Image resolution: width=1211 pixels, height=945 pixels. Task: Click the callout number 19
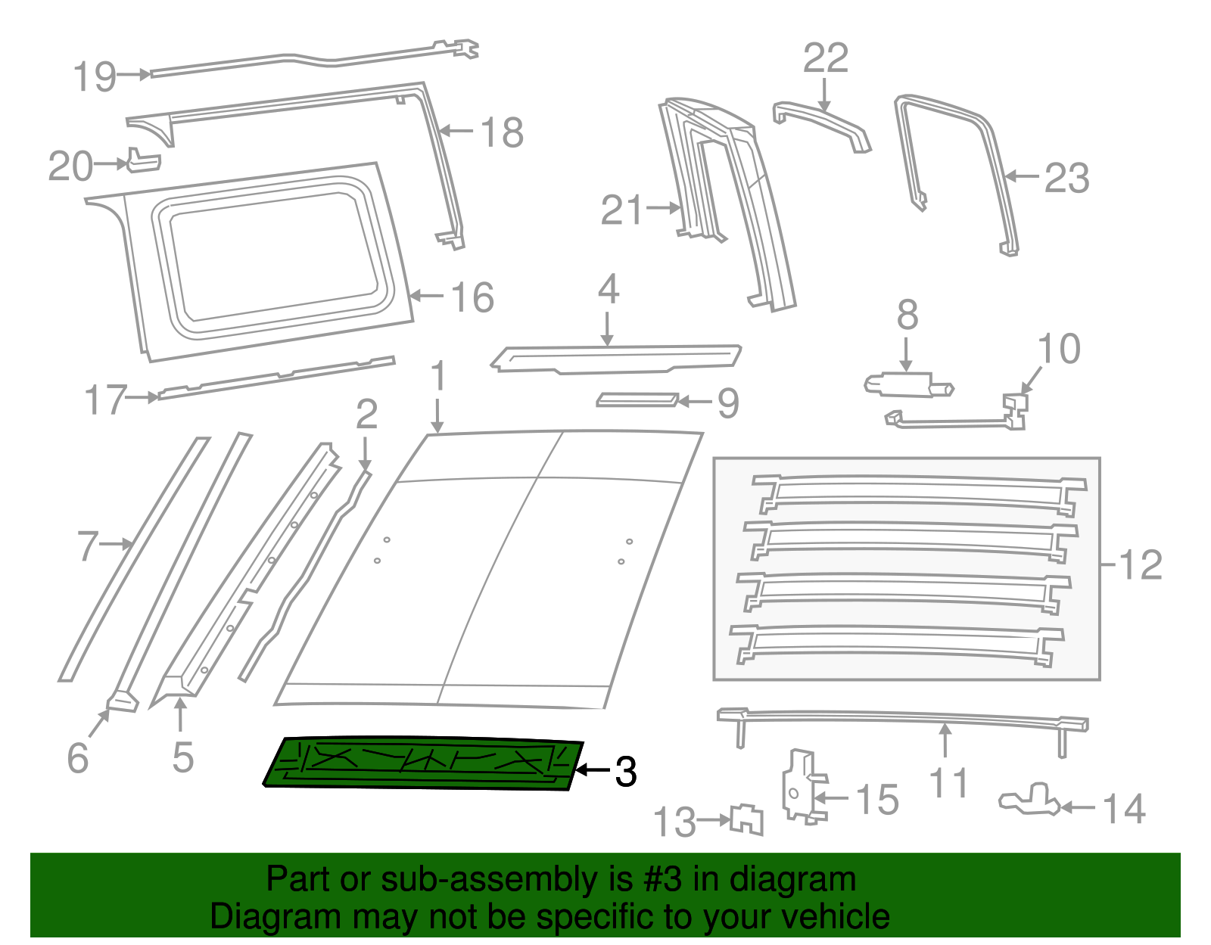coord(95,76)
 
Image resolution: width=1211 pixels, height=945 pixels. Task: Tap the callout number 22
coord(826,58)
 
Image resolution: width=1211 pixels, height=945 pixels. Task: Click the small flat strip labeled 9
coord(637,399)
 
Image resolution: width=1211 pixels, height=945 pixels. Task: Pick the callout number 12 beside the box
coord(1140,565)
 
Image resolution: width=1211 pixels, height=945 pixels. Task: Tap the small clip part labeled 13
coord(747,819)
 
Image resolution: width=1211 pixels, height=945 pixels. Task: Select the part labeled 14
coord(1030,800)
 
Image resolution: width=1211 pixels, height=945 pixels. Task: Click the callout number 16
coord(472,297)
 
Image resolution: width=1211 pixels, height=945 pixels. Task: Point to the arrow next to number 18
coord(456,131)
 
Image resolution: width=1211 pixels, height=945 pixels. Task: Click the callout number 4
coord(609,290)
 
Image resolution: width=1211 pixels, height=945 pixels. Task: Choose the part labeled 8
coord(908,385)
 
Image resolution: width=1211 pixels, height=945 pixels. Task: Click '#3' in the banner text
coord(662,880)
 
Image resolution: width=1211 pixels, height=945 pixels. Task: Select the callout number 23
coord(1067,179)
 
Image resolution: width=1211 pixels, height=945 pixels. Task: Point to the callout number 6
coord(78,757)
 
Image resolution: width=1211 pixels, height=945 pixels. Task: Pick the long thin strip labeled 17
coord(276,376)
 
